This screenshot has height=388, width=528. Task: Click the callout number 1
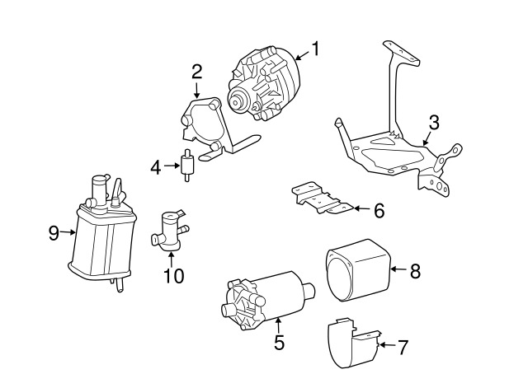[315, 49]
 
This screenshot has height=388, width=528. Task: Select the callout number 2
[196, 72]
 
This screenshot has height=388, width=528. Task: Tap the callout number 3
[434, 123]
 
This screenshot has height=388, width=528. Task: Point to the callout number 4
[156, 167]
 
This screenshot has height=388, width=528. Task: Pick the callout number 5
[279, 342]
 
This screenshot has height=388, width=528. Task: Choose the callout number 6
[379, 211]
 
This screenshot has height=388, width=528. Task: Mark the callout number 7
[403, 347]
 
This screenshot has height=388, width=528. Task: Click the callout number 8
[415, 271]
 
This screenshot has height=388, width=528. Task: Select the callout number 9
[54, 232]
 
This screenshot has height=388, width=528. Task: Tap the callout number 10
[174, 276]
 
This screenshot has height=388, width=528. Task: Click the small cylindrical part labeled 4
[186, 165]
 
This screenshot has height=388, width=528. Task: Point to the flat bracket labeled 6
[322, 198]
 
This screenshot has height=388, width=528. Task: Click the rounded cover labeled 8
[357, 271]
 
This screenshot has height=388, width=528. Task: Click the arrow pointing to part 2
[196, 90]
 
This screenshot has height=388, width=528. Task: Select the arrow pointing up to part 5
[278, 325]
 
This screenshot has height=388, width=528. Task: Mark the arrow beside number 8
[399, 269]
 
